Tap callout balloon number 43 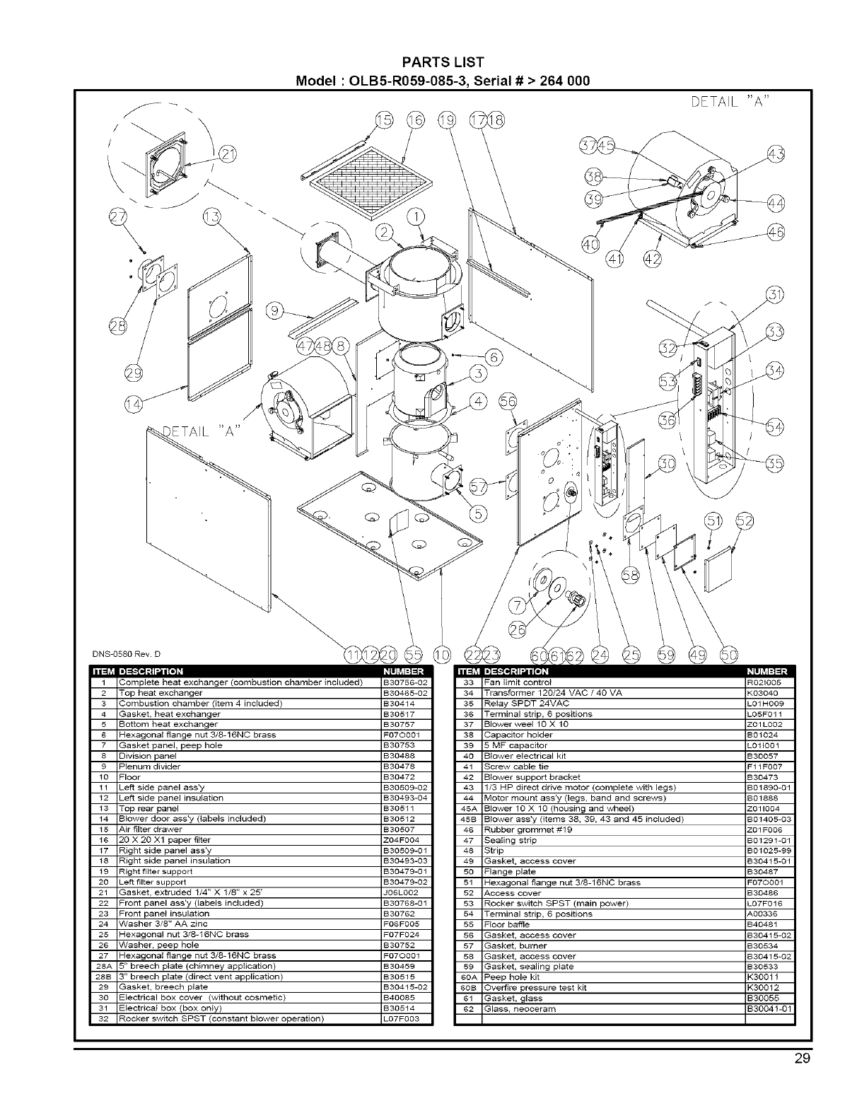click(775, 153)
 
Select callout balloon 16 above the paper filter click(414, 121)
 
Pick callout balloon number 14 click(132, 403)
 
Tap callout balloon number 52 click(745, 521)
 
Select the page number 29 click(802, 1059)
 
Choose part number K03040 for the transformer click(761, 693)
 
